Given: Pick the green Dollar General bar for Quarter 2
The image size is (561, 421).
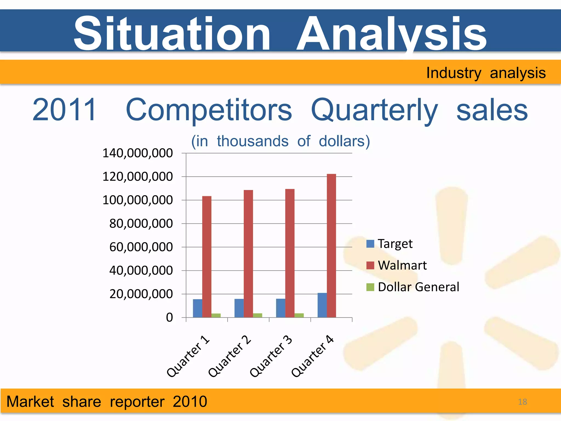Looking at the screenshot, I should tap(257, 315).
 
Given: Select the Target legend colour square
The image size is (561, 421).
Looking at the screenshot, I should tap(370, 244).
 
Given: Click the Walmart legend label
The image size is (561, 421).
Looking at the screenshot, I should tap(402, 265).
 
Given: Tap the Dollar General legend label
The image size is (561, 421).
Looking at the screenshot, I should tap(418, 287).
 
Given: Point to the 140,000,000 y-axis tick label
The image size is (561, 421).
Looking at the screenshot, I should tap(138, 153).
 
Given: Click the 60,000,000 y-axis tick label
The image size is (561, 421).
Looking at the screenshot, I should tap(141, 247).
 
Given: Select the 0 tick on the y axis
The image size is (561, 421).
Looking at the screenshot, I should tap(170, 317).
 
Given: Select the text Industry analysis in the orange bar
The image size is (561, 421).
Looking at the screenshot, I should tap(486, 73).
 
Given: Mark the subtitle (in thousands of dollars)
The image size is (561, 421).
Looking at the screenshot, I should tap(280, 141).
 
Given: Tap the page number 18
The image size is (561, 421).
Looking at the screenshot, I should tap(522, 402).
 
